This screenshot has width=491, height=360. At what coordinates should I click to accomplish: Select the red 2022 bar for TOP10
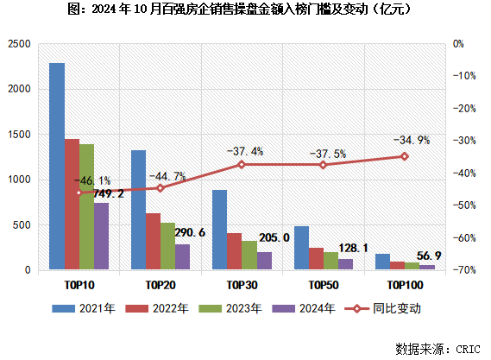tap(72, 205)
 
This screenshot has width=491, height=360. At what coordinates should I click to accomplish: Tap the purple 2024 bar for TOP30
tap(264, 261)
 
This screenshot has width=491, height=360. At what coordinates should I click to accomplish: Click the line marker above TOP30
tap(242, 164)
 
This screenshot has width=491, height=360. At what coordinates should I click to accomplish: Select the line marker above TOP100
tap(403, 156)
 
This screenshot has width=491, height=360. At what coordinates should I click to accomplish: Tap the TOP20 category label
tap(161, 284)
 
